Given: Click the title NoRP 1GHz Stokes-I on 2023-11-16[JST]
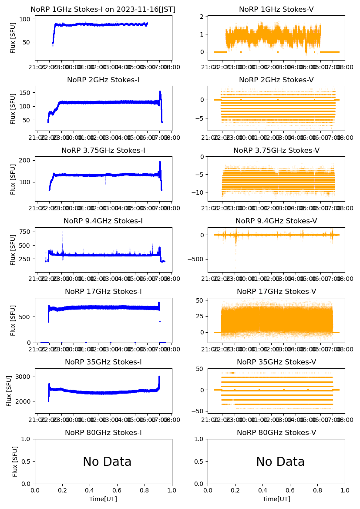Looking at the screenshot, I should pos(103,10).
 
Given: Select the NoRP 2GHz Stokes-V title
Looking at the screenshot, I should pos(276,80).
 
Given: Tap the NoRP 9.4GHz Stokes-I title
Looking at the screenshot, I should pos(103,221).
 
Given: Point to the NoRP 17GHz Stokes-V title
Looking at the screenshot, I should pos(276,292).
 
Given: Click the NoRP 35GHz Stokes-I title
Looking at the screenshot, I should pos(103,362).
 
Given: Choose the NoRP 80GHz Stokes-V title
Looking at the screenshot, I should pos(276,433).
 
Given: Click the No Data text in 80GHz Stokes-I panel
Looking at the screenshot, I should pos(107,462).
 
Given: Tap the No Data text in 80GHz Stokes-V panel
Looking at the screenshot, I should pos(280,462).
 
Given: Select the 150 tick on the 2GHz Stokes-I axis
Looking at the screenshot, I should pos(27,93).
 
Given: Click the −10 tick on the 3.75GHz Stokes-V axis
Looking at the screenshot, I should pos(199,192).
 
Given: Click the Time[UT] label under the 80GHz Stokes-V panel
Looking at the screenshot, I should pos(276,499).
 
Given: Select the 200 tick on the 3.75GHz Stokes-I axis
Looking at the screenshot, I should pos(27,160).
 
